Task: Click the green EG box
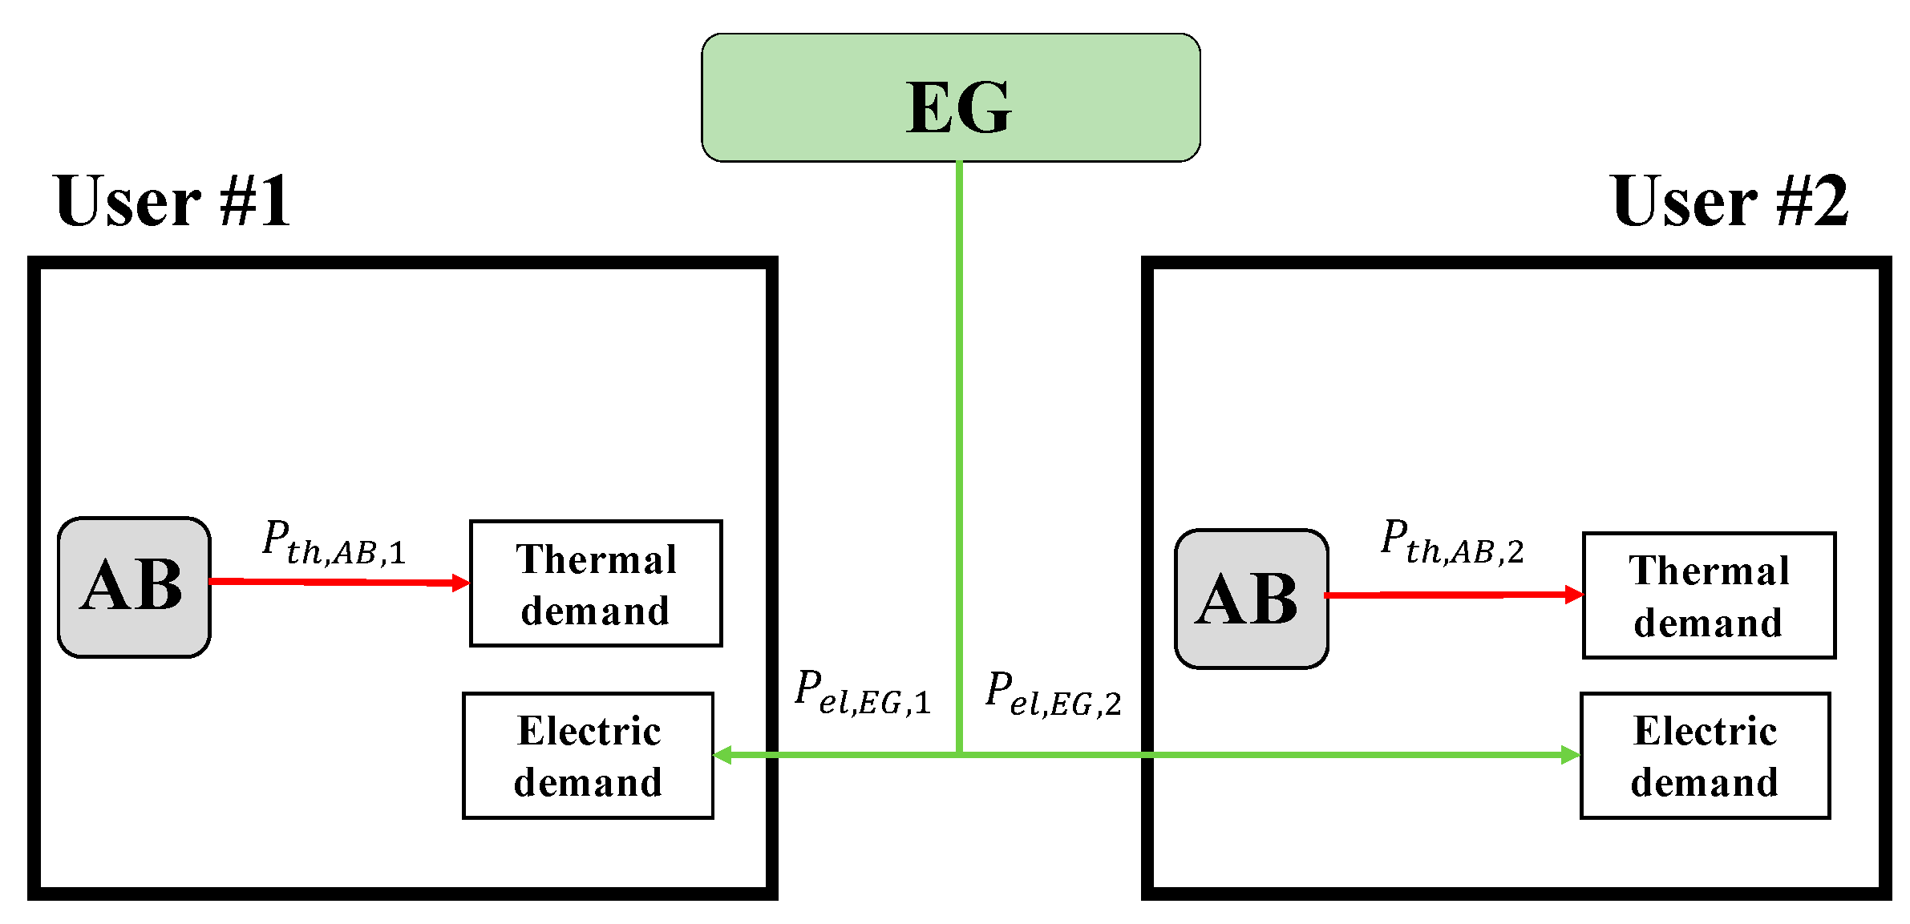[950, 98]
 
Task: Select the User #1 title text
[172, 201]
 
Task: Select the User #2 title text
[1730, 201]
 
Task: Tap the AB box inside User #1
[134, 587]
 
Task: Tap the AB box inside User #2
[1251, 599]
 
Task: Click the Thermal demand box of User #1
[596, 583]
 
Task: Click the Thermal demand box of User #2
[1709, 595]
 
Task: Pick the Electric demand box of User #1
[588, 756]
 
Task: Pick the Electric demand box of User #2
[1705, 756]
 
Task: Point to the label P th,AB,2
[1451, 543]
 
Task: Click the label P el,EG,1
[863, 692]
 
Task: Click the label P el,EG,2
[1053, 694]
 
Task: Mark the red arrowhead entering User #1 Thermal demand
[461, 583]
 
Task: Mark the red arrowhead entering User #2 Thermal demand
[1574, 595]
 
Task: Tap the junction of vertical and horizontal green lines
[959, 754]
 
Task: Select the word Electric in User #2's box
[1706, 731]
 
